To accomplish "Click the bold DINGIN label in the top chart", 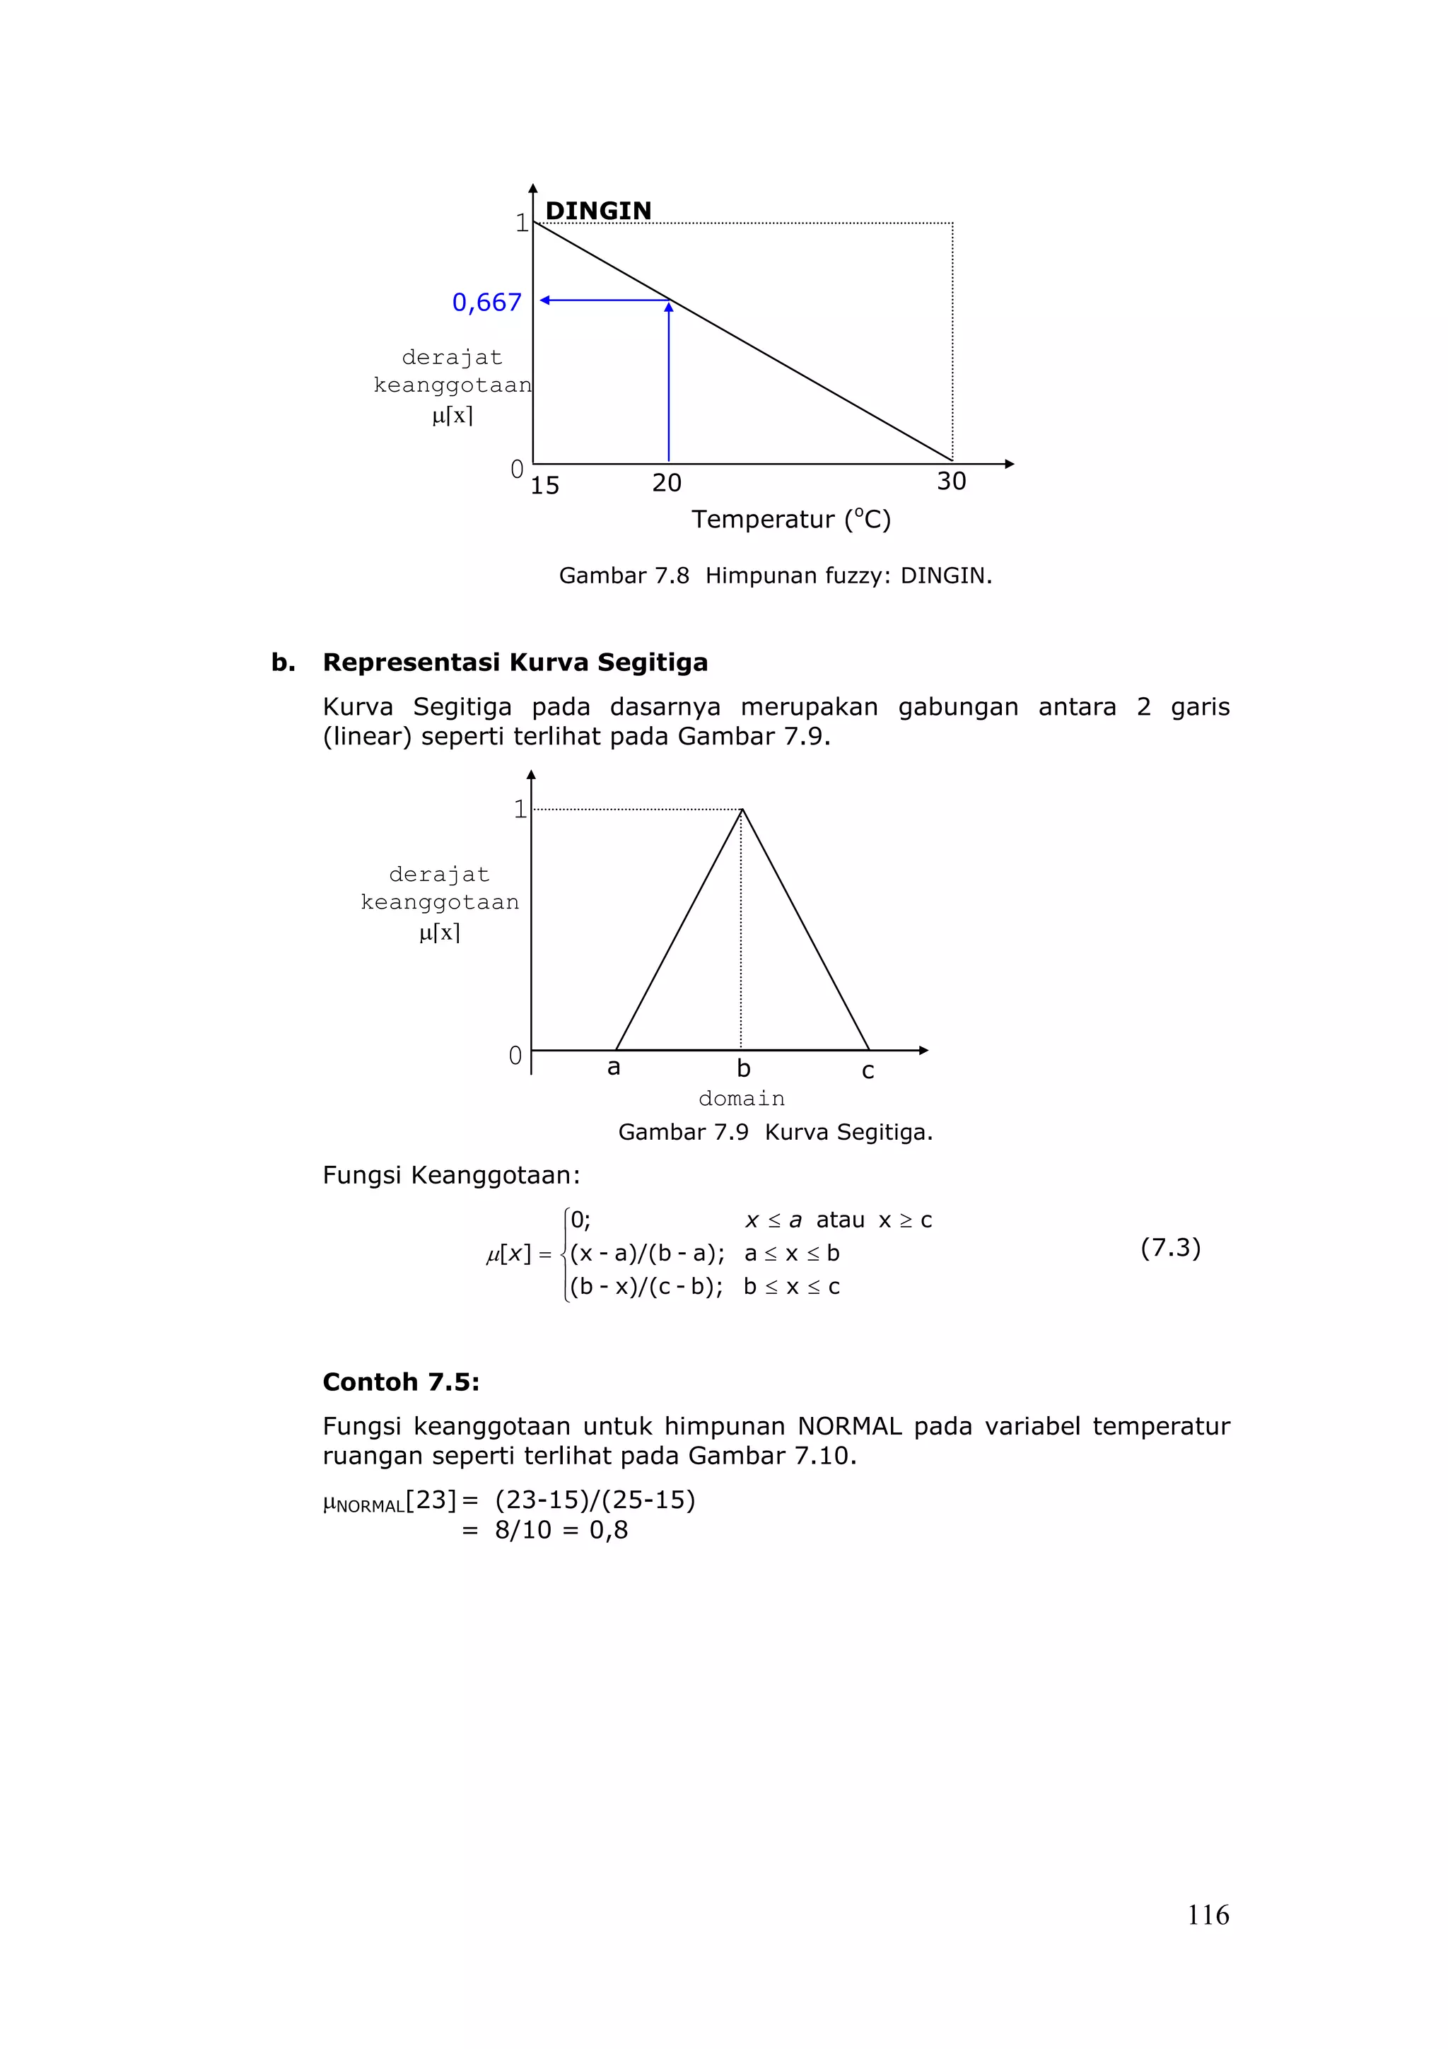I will click(x=597, y=211).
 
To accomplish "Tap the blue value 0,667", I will click(x=486, y=303).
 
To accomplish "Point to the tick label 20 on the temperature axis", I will click(x=667, y=483).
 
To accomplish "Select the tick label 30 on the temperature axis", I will click(x=951, y=481).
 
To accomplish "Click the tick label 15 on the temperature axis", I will click(x=544, y=486).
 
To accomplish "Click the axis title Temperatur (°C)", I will click(x=790, y=520).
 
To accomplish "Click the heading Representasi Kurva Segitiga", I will click(x=515, y=662).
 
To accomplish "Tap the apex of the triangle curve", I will click(x=742, y=810).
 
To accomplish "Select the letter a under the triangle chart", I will click(x=613, y=1068).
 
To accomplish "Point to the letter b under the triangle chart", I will click(x=743, y=1068).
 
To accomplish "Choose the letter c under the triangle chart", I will click(x=868, y=1071).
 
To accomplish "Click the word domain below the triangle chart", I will click(x=742, y=1099).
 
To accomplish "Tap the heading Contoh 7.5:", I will click(x=401, y=1382).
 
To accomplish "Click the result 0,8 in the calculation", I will click(x=609, y=1531).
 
